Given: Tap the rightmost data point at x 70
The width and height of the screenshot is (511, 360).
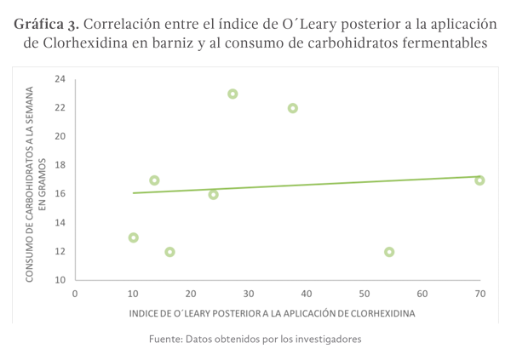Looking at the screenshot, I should pyautogui.click(x=479, y=180).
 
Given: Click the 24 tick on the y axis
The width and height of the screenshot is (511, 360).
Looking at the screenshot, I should pyautogui.click(x=60, y=79).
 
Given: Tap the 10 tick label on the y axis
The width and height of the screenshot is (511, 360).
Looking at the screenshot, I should pyautogui.click(x=60, y=280).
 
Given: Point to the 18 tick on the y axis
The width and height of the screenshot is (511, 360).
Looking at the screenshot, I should pyautogui.click(x=60, y=165).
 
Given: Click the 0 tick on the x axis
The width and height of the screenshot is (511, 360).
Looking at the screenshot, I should pyautogui.click(x=75, y=294).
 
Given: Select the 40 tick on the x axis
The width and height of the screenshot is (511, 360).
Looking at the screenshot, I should pyautogui.click(x=306, y=294).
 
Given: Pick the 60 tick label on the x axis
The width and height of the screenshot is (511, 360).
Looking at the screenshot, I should pyautogui.click(x=422, y=294).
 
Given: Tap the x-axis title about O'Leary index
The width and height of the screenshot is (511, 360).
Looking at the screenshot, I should pyautogui.click(x=273, y=313).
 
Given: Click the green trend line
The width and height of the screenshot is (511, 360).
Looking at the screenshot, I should pyautogui.click(x=307, y=185).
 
